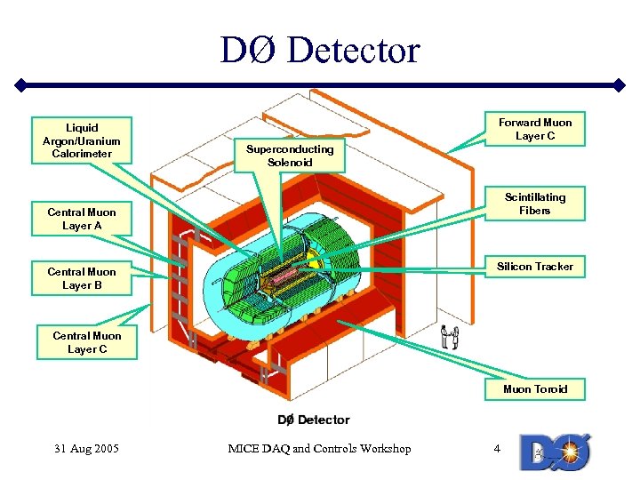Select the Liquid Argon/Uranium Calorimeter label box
[x=82, y=140]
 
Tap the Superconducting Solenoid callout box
[x=290, y=156]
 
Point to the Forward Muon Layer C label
[x=535, y=129]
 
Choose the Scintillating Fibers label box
[x=535, y=204]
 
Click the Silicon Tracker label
[x=535, y=267]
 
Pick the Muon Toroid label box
[x=535, y=389]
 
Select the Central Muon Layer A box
[x=82, y=219]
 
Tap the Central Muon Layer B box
[x=82, y=278]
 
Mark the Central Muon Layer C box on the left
[x=87, y=342]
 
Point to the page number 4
[x=497, y=449]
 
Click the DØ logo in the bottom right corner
[x=556, y=451]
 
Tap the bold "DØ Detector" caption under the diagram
[x=314, y=420]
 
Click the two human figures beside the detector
[x=451, y=337]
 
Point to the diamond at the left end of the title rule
[x=19, y=86]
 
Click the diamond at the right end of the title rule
[x=620, y=86]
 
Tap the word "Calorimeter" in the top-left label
[x=82, y=154]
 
